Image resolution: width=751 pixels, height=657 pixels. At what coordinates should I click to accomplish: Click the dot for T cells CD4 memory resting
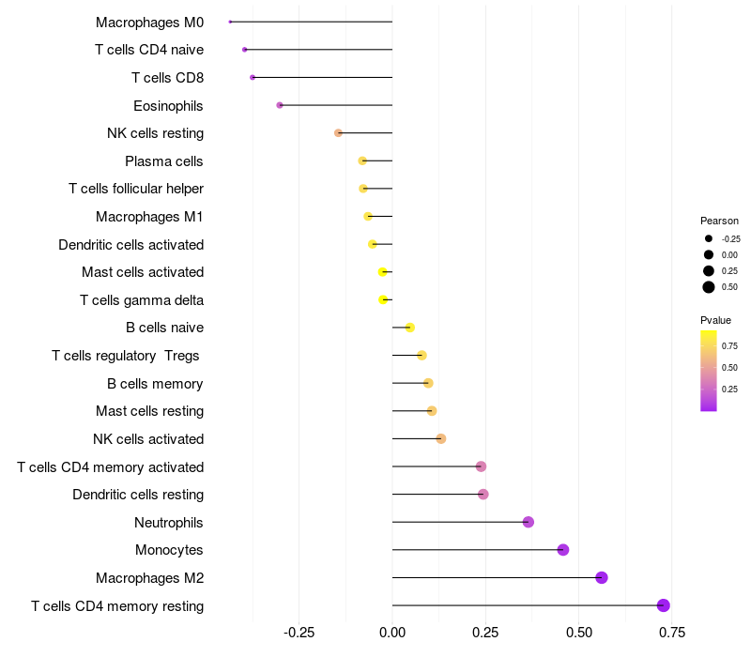point(664,605)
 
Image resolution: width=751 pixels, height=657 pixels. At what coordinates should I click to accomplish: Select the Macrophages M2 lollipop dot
point(602,577)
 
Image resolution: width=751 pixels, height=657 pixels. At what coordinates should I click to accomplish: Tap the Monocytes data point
point(563,550)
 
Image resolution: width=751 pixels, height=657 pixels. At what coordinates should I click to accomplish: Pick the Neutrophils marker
point(529,522)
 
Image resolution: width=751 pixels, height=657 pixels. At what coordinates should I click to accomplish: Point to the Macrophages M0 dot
point(230,22)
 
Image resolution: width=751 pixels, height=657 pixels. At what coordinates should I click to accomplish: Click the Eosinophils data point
point(280,105)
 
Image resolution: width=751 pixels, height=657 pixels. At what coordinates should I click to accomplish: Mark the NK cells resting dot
point(339,133)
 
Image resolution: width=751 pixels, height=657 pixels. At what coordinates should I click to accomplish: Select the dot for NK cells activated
point(441,438)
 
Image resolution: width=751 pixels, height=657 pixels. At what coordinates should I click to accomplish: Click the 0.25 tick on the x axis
point(485,632)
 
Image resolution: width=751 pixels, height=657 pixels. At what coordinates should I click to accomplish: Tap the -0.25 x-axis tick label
point(299,632)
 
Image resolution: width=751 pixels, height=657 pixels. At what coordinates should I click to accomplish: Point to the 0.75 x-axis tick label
point(671,632)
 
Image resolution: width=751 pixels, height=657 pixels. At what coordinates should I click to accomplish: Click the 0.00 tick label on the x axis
point(392,632)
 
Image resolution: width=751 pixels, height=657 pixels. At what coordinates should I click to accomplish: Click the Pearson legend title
point(719,221)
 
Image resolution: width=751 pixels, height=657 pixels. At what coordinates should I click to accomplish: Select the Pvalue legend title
point(715,320)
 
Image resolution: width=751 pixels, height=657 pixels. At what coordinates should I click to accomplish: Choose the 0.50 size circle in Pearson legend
point(709,287)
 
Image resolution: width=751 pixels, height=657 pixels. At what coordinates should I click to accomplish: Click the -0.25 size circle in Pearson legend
point(709,238)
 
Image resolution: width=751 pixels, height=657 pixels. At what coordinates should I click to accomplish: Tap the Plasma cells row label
point(164,161)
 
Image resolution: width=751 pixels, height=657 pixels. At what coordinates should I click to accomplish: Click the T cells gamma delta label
point(142,300)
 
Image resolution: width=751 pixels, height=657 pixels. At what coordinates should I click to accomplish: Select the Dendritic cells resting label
point(138,495)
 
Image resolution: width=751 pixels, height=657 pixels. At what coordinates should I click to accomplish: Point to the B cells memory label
point(156,384)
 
